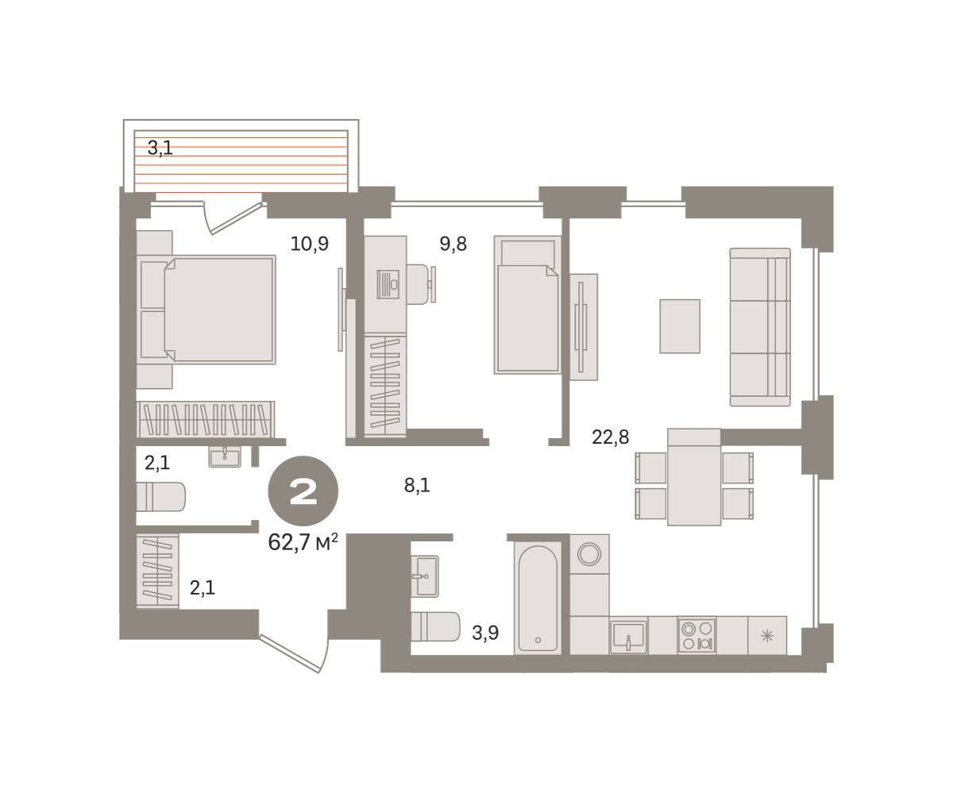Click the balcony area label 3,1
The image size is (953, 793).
(x=160, y=148)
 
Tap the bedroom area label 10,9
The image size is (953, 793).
(x=309, y=244)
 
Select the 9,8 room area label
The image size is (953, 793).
(x=453, y=244)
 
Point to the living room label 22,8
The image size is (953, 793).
(x=610, y=437)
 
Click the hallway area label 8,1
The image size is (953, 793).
(x=417, y=486)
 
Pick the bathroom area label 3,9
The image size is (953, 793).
(x=484, y=633)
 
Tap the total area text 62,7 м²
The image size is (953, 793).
(x=303, y=542)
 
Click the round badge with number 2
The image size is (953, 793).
(x=303, y=491)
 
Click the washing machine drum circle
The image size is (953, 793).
(x=589, y=554)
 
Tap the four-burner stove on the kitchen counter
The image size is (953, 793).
(x=696, y=636)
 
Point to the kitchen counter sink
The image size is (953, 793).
(x=628, y=637)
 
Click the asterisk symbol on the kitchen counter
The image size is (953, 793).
(x=767, y=636)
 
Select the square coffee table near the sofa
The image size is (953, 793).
(x=680, y=326)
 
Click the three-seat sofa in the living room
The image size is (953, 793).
(x=760, y=327)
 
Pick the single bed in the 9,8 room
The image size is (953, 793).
(x=527, y=305)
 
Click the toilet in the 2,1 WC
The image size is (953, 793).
(x=160, y=497)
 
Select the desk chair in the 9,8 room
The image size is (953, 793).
(x=419, y=284)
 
